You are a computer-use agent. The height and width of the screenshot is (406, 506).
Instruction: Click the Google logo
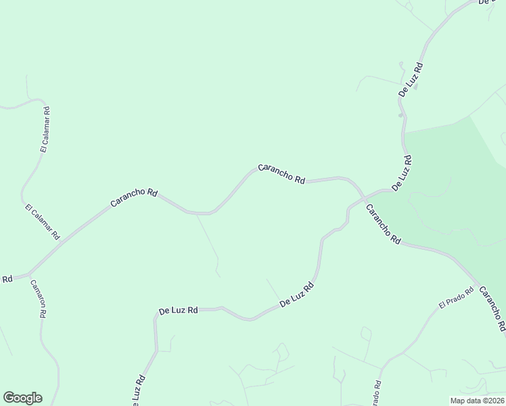click(x=22, y=398)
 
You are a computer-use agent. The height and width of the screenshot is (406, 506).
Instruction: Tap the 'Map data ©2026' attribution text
click(x=477, y=400)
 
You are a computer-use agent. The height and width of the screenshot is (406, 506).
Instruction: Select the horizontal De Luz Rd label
click(x=178, y=311)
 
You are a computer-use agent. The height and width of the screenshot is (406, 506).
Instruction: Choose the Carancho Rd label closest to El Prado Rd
click(x=492, y=309)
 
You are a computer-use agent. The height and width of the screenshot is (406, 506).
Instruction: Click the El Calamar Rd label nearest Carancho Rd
click(x=42, y=223)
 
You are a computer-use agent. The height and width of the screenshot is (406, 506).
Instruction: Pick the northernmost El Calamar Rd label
click(x=44, y=130)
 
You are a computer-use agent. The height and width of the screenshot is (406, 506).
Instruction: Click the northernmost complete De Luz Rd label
click(x=411, y=80)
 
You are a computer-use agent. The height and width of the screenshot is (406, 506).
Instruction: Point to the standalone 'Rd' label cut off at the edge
click(x=7, y=279)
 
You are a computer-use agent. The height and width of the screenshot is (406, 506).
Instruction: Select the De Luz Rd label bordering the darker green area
click(x=401, y=174)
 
